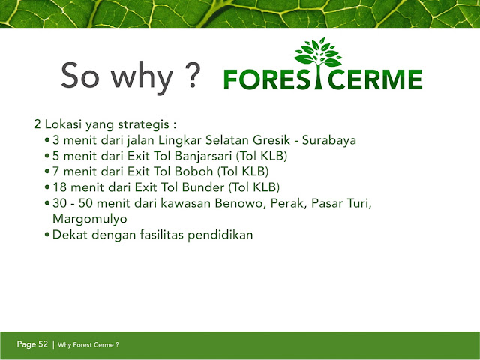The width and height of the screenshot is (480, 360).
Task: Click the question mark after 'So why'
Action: coord(193,75)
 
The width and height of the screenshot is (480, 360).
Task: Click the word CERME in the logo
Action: coord(375,79)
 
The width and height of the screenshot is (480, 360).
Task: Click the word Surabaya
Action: coord(329,140)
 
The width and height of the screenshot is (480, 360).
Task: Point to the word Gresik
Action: coord(271,140)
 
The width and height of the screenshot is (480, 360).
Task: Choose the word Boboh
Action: coord(193,172)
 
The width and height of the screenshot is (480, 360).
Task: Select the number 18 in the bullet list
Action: coord(60,187)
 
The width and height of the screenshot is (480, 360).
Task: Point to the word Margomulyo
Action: coord(90,219)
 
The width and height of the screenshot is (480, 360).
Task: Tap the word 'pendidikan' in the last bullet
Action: coord(220,235)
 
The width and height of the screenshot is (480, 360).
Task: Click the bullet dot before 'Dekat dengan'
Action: coord(46,235)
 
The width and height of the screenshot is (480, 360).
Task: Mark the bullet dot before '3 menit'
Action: coord(46,140)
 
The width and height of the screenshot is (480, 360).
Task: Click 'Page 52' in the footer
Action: coord(32,344)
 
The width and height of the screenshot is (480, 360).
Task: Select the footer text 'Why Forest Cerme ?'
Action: coord(88,345)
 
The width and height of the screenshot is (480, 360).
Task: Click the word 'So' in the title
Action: coord(80,75)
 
